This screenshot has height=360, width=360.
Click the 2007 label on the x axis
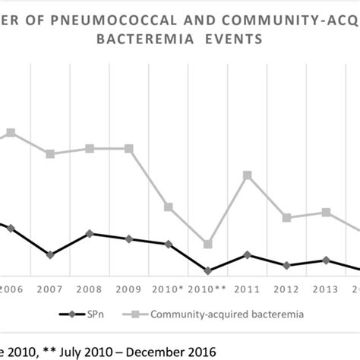pos(50,289)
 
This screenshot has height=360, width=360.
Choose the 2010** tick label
pos(207,289)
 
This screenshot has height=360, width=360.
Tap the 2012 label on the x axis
pos(286,289)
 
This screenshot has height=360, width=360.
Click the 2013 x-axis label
pos(326,289)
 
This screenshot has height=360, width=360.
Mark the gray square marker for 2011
pos(248,175)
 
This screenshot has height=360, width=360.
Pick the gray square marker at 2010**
pos(208,245)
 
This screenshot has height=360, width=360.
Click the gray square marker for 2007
pos(50,154)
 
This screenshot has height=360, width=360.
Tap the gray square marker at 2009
pos(129,149)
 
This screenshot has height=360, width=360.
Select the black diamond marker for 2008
pos(90,233)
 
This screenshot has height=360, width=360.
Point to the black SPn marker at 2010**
pos(208,270)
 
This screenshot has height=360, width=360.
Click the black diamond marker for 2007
pos(50,255)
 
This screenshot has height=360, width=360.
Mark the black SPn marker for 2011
pos(248,254)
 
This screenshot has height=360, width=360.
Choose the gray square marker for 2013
pos(327,213)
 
